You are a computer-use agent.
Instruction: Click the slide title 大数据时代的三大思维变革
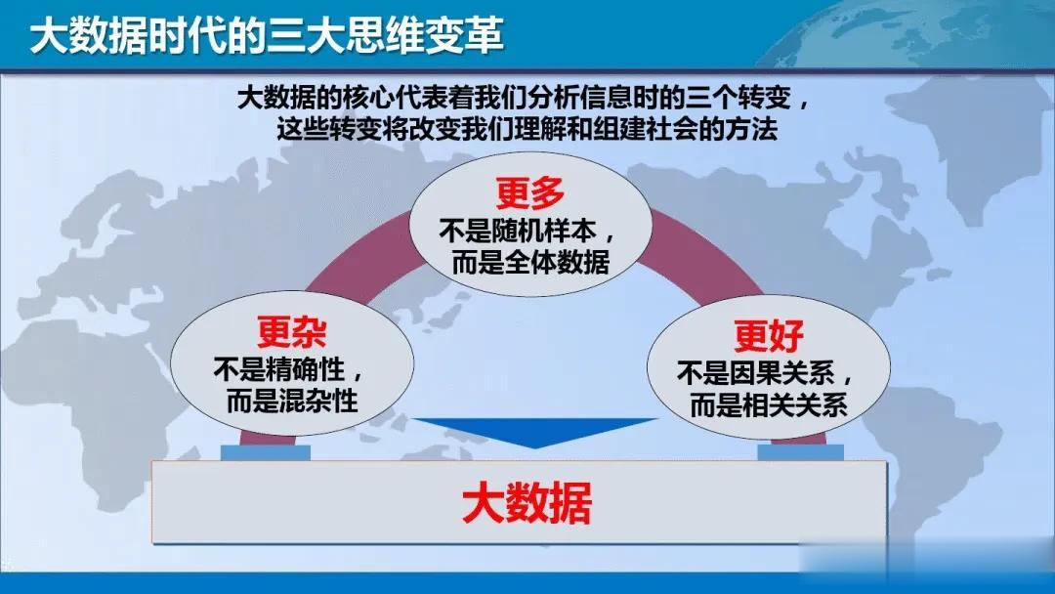267,35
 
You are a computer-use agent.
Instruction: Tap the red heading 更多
530,193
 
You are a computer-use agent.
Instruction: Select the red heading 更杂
292,331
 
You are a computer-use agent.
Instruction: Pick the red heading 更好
769,336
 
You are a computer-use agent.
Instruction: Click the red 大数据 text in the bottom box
527,503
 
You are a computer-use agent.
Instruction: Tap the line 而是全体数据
530,262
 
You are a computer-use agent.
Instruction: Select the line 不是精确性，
289,369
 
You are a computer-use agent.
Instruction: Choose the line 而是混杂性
292,401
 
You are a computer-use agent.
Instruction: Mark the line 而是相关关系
769,405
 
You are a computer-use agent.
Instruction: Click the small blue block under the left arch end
266,452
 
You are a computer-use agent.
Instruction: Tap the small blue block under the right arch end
800,452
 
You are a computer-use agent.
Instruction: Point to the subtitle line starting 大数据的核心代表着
525,99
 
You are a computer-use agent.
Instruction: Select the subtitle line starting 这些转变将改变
527,129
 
